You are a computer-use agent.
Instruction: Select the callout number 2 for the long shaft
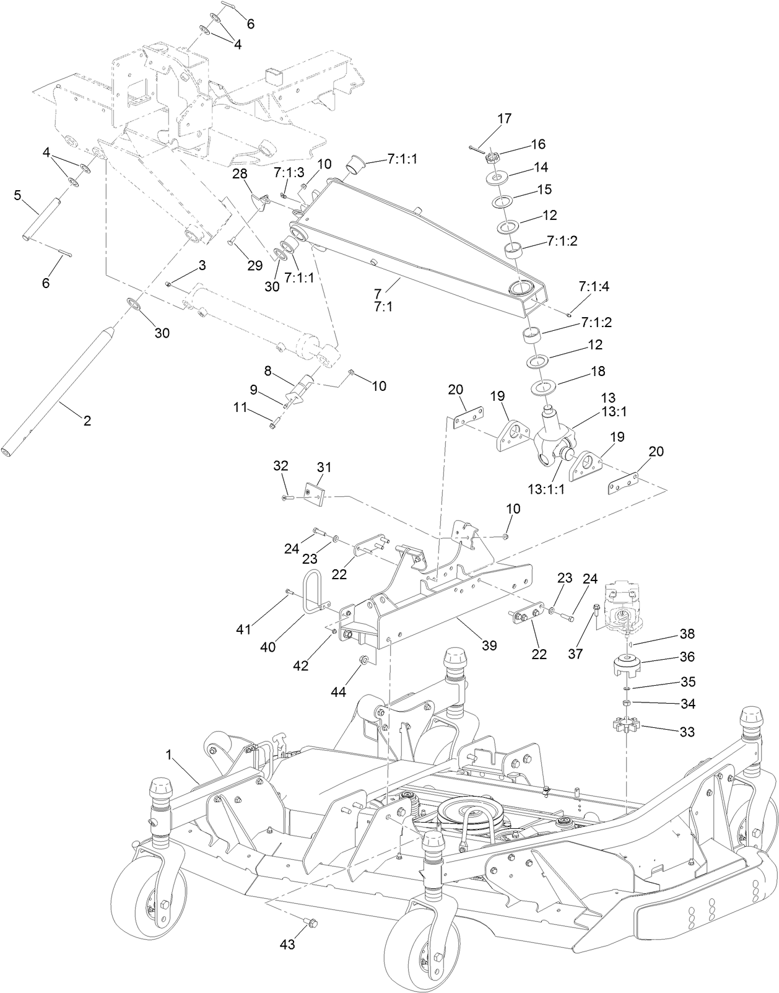pyautogui.click(x=87, y=421)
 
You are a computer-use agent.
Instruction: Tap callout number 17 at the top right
pyautogui.click(x=505, y=118)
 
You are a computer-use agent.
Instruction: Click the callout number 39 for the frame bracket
pyautogui.click(x=489, y=645)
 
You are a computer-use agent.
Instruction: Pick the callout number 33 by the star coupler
pyautogui.click(x=687, y=732)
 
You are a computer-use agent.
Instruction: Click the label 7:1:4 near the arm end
pyautogui.click(x=593, y=286)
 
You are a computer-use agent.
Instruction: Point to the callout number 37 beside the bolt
pyautogui.click(x=575, y=654)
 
